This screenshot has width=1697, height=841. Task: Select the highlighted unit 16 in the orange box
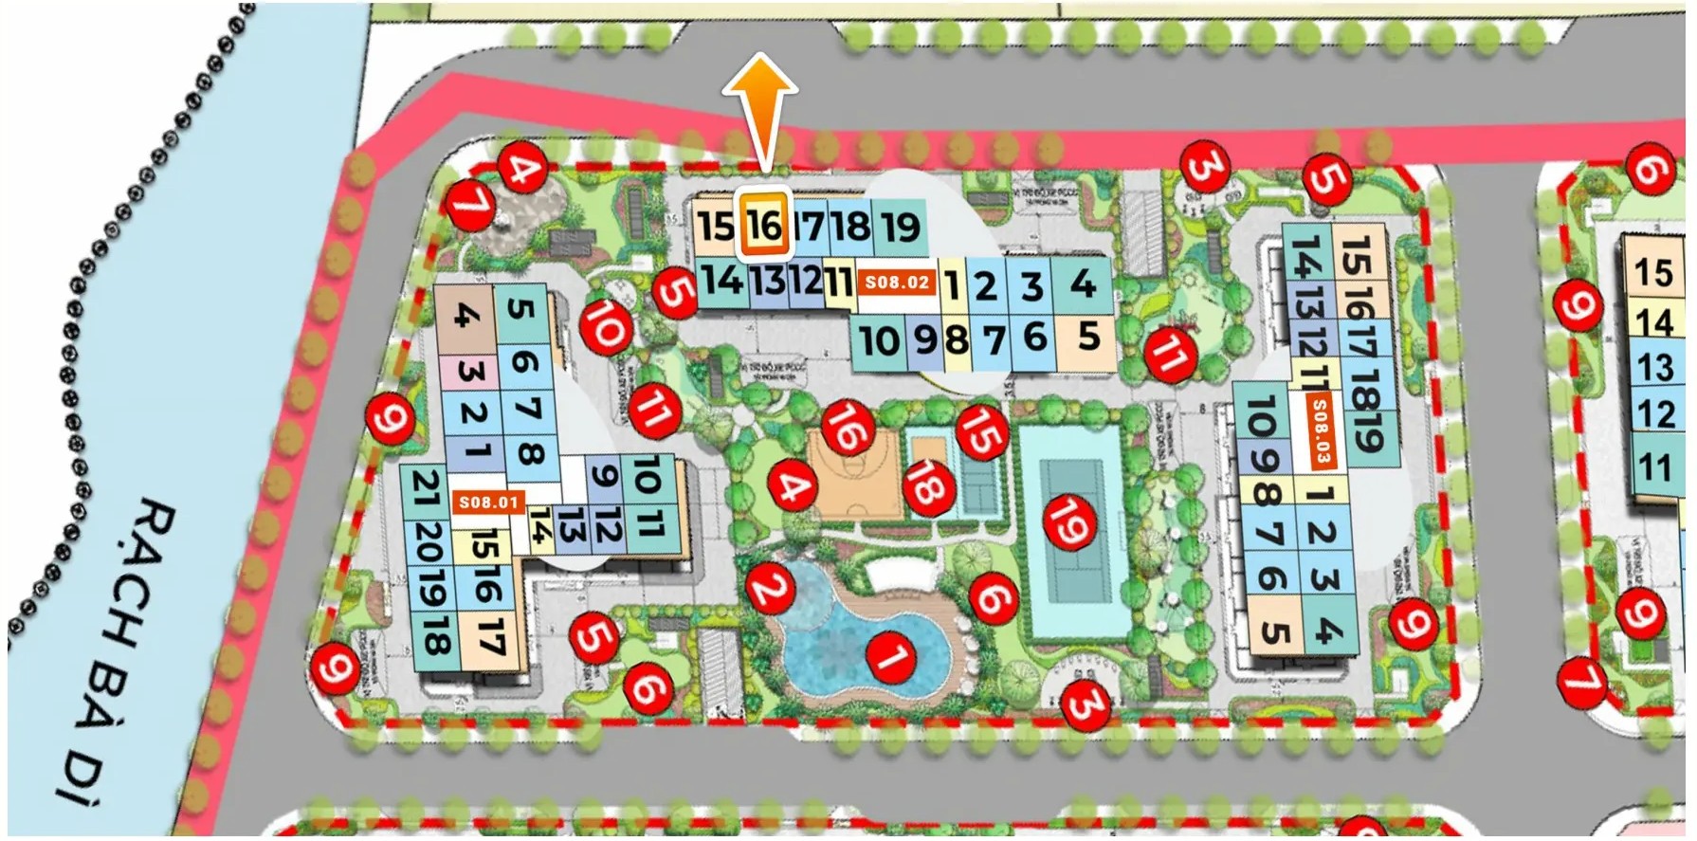(x=764, y=225)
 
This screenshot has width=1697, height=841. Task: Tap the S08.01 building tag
(x=489, y=502)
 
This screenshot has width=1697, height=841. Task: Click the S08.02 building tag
(x=897, y=283)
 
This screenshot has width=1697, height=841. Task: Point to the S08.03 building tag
(x=1319, y=432)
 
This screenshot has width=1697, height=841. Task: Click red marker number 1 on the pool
(x=891, y=655)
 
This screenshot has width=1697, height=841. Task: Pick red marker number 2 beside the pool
(x=769, y=588)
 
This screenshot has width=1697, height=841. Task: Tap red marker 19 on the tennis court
(x=1069, y=522)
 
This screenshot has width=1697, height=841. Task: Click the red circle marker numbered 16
(x=847, y=427)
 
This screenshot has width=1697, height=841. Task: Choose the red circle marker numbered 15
(x=981, y=432)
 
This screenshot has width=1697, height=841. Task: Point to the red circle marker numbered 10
(x=606, y=326)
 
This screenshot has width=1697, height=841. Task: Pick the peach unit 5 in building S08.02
(x=1087, y=337)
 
